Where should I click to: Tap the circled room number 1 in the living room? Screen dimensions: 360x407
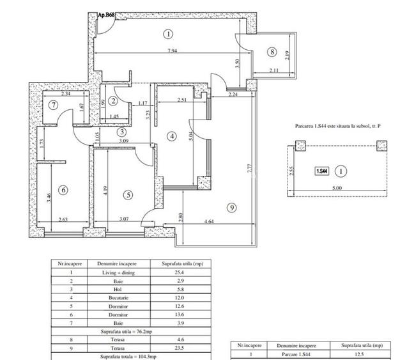[167, 33]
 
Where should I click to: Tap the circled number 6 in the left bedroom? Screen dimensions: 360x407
[62, 189]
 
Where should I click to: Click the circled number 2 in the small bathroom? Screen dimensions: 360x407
[112, 100]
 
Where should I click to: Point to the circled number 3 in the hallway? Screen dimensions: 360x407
[121, 132]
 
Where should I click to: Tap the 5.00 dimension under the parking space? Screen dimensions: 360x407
[337, 188]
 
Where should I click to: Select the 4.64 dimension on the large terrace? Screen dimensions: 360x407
[208, 222]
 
